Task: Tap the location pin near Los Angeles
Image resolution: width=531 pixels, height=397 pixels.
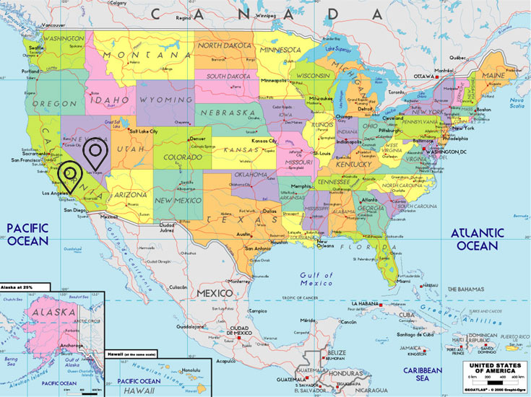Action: click(69, 175)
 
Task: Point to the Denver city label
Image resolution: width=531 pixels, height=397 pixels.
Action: click(197, 138)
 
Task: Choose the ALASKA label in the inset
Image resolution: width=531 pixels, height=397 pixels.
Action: click(53, 312)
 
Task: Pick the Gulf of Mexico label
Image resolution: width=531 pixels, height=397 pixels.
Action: click(317, 279)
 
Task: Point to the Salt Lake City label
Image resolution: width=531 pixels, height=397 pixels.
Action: click(144, 131)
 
